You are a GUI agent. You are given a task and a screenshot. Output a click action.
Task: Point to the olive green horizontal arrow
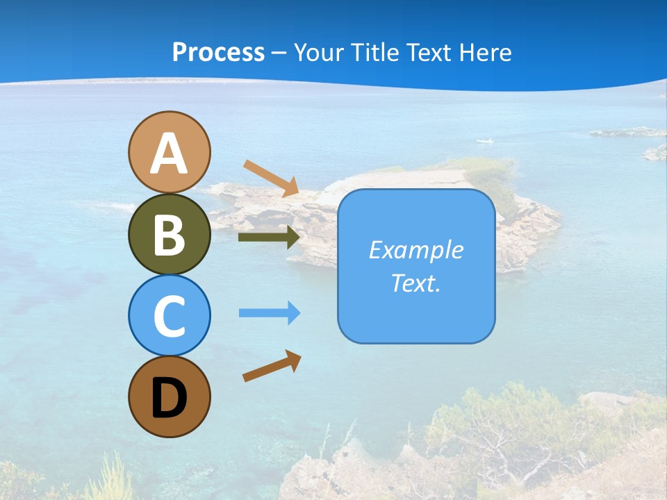point(268,237)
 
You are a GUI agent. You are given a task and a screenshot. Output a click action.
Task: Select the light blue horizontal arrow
point(269,313)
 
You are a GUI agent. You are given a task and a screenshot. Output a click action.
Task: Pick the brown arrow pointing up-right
point(272,366)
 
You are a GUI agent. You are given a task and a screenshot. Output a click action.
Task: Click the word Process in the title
point(218,52)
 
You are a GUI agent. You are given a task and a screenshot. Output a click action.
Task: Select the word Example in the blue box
point(416,250)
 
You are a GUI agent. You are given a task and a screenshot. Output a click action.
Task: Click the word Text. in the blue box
point(416,283)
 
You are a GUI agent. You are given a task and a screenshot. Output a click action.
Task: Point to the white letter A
point(170,153)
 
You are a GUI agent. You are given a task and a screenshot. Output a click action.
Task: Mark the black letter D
point(170,398)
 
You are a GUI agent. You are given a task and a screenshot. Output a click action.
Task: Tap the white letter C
point(170,316)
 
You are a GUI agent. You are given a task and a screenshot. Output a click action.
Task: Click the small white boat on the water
point(485,141)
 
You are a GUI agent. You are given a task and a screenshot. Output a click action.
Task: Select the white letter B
point(170,235)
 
